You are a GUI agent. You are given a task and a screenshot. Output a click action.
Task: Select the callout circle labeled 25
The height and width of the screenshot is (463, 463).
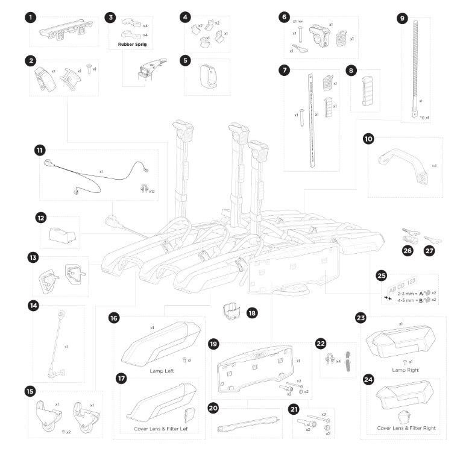click(381, 276)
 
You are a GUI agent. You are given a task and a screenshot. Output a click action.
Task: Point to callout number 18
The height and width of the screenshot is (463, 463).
click(252, 313)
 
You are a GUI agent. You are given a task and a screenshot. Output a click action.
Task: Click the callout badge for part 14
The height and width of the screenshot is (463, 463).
click(33, 306)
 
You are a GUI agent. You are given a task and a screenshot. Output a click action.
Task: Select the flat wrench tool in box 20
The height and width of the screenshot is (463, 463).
click(247, 421)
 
